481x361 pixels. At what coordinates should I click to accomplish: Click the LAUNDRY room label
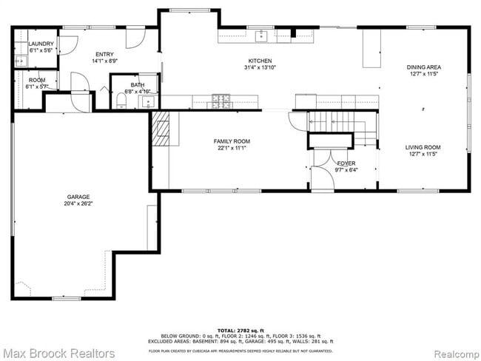click(41, 44)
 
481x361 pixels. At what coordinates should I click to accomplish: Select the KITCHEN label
click(260, 61)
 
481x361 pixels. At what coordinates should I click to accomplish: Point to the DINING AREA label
click(424, 67)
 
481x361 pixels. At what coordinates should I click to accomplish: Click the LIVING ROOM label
click(424, 147)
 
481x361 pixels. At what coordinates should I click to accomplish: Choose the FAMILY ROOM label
click(232, 141)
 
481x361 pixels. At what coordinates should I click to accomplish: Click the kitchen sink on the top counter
click(260, 35)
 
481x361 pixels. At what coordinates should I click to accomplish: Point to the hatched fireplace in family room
click(162, 129)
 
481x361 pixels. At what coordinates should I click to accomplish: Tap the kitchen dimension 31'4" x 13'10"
click(260, 68)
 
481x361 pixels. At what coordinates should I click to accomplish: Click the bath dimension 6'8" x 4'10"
click(138, 92)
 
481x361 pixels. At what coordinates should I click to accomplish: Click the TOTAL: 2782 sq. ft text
click(240, 329)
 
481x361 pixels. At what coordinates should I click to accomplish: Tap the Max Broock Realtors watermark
click(58, 353)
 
